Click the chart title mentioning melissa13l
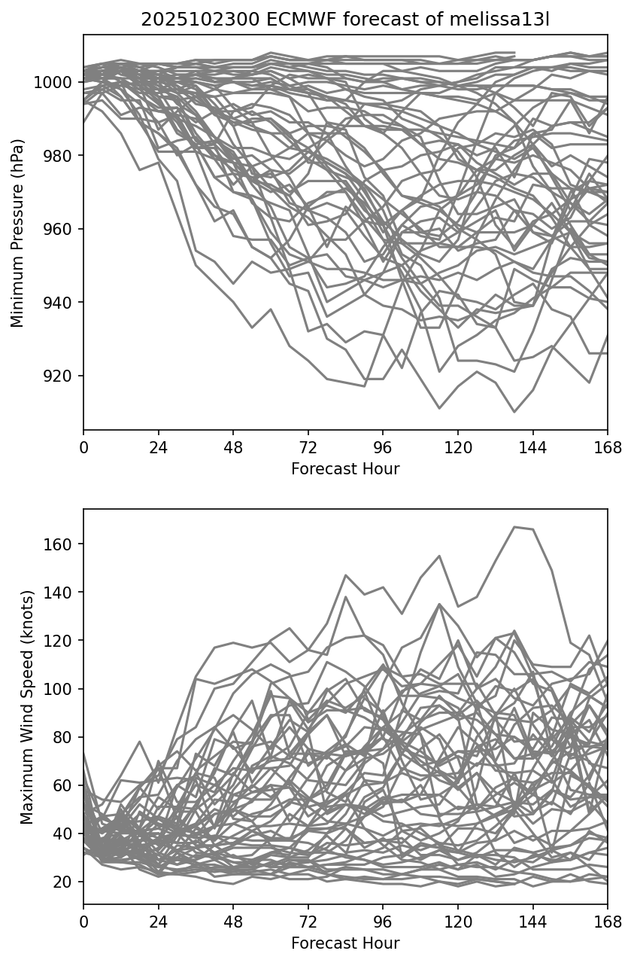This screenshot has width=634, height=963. [345, 20]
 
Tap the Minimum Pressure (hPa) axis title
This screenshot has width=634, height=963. [18, 233]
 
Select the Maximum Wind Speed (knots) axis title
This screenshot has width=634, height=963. [26, 707]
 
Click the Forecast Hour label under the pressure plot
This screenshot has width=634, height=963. [345, 469]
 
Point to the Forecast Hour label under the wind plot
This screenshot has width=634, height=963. [345, 943]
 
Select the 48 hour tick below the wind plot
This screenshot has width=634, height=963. [233, 922]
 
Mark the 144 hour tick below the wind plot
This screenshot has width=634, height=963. [532, 922]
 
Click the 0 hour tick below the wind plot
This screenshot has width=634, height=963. [83, 922]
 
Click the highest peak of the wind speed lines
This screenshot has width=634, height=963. [515, 527]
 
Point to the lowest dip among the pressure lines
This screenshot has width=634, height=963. [514, 412]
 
